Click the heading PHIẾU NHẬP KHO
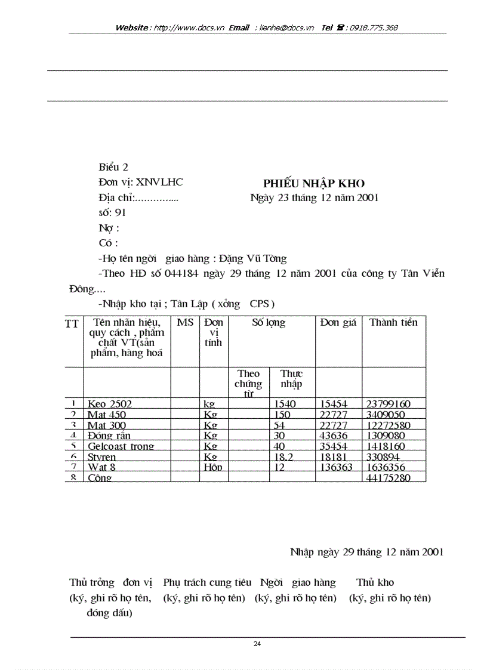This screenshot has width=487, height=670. click(313, 184)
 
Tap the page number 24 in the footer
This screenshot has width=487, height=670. click(257, 644)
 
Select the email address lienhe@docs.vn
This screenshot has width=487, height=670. click(287, 27)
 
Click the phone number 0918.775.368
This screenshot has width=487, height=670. click(374, 27)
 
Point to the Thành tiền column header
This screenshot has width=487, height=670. click(393, 323)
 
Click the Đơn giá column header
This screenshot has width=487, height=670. click(338, 323)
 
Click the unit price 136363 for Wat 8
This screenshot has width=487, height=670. click(338, 468)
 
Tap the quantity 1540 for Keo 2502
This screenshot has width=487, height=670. click(285, 404)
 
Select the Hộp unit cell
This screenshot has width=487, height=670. click(212, 468)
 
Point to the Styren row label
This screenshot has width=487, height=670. click(102, 457)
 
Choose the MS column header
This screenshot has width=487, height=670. click(185, 323)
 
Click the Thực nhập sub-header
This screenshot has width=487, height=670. click(291, 379)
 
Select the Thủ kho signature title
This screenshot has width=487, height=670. click(375, 582)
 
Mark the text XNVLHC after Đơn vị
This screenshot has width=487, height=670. click(160, 183)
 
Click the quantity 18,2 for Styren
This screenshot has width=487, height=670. click(285, 457)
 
